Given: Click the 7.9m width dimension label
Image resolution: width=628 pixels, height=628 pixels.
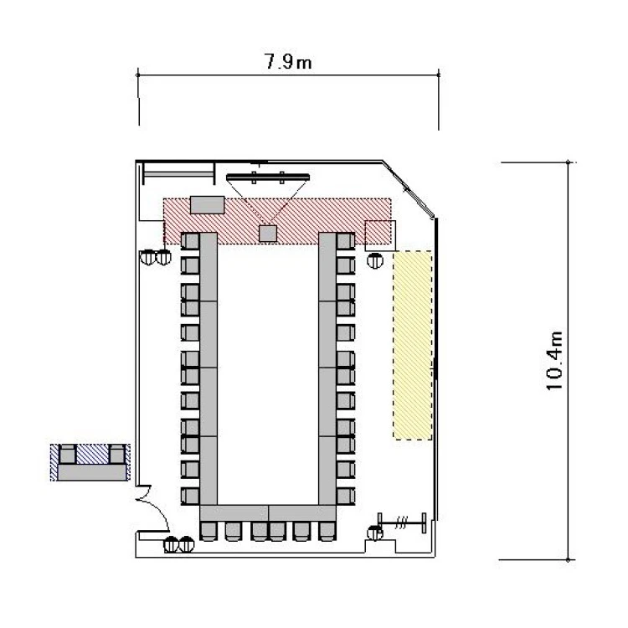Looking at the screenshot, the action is (x=287, y=62).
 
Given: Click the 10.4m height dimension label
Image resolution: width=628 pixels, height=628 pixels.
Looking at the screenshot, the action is (x=555, y=361).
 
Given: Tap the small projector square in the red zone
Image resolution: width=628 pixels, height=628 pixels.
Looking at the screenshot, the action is (x=268, y=234).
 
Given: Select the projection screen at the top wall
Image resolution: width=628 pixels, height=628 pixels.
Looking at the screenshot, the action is (x=268, y=177).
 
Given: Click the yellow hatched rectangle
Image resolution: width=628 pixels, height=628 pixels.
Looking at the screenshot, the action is (x=413, y=345).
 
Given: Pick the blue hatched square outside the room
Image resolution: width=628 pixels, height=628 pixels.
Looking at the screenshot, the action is (x=92, y=455).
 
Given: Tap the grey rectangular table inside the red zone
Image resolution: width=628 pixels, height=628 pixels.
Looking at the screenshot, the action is (x=207, y=204).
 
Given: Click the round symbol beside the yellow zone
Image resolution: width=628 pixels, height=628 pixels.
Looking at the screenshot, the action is (x=375, y=260).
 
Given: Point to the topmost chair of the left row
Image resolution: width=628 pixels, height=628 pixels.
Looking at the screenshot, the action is (x=190, y=241).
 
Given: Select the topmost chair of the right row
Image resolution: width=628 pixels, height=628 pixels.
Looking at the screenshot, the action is (x=346, y=241).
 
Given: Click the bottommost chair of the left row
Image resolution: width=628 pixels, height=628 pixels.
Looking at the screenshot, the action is (x=190, y=496).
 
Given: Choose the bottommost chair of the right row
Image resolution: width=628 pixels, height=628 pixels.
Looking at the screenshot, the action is (x=346, y=496).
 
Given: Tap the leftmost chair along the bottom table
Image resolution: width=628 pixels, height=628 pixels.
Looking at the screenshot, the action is (x=208, y=532).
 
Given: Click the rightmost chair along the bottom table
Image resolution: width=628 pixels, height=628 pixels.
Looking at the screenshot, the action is (x=327, y=532).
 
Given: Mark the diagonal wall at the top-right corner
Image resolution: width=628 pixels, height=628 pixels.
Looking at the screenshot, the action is (x=408, y=189).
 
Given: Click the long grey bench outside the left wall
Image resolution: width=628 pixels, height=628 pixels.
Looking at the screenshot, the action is (x=92, y=472).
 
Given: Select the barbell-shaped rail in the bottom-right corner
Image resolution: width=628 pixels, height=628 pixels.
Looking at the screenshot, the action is (x=402, y=522).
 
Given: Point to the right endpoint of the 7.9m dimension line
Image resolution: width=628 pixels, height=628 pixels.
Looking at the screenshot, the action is (x=439, y=75).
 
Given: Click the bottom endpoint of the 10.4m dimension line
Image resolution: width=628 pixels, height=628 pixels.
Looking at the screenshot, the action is (x=568, y=560).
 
